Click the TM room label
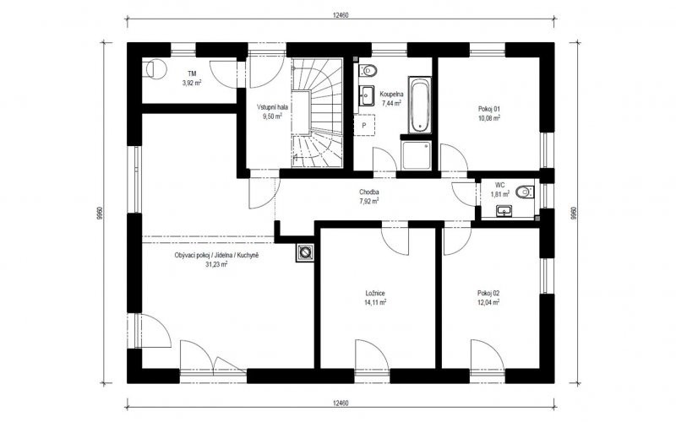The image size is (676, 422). pyautogui.click(x=193, y=73)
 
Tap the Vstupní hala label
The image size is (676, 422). pyautogui.click(x=272, y=107)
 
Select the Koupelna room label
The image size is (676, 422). pyautogui.click(x=391, y=94)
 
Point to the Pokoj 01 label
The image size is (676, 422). pyautogui.click(x=489, y=109)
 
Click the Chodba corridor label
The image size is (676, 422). pyautogui.click(x=369, y=192)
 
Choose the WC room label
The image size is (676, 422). pyautogui.click(x=499, y=185)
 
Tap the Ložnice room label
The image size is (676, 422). pyautogui.click(x=374, y=293)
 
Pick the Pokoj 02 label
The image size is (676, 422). pyautogui.click(x=488, y=293)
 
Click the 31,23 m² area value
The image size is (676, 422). pyautogui.click(x=216, y=264)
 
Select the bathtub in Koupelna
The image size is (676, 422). pyautogui.click(x=419, y=105)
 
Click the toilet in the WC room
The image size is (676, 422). pyautogui.click(x=525, y=192)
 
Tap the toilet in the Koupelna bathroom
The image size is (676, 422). pyautogui.click(x=368, y=69)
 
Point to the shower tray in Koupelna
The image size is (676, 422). pyautogui.click(x=416, y=155)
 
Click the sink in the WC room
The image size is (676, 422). pyautogui.click(x=504, y=210)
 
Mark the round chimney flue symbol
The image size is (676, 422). pyautogui.click(x=305, y=252)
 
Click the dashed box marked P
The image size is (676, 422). pyautogui.click(x=364, y=125)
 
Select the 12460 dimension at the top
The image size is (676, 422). pyautogui.click(x=341, y=15)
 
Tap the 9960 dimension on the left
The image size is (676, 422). pyautogui.click(x=100, y=214)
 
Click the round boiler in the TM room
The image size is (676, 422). pyautogui.click(x=156, y=69)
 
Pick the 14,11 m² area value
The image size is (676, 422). pyautogui.click(x=375, y=302)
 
